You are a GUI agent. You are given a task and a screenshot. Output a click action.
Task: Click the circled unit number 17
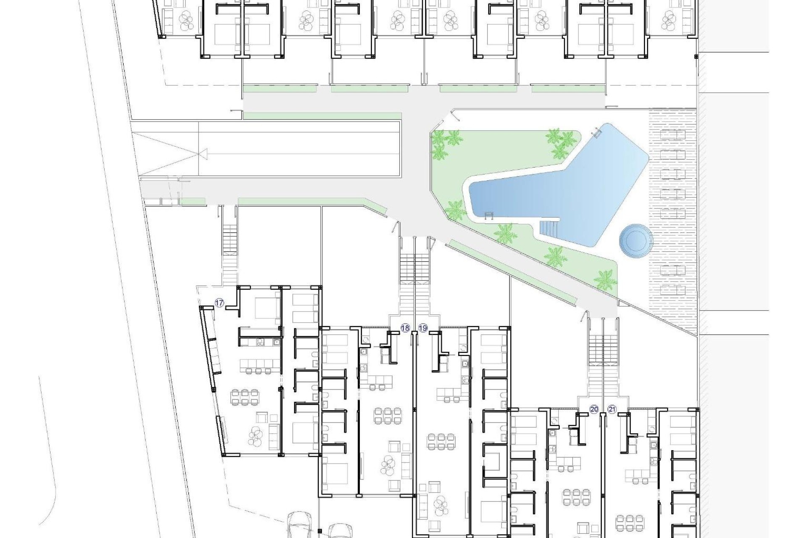click(x=219, y=303)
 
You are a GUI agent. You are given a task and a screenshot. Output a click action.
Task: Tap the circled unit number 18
click(x=405, y=328)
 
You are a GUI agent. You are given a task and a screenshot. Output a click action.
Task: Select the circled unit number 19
click(x=423, y=328)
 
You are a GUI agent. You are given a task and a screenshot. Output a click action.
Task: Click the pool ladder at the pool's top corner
click(x=596, y=133)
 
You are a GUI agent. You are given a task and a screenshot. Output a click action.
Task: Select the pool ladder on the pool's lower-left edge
click(x=488, y=216)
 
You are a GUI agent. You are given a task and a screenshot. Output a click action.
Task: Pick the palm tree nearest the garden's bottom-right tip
click(x=606, y=279)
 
